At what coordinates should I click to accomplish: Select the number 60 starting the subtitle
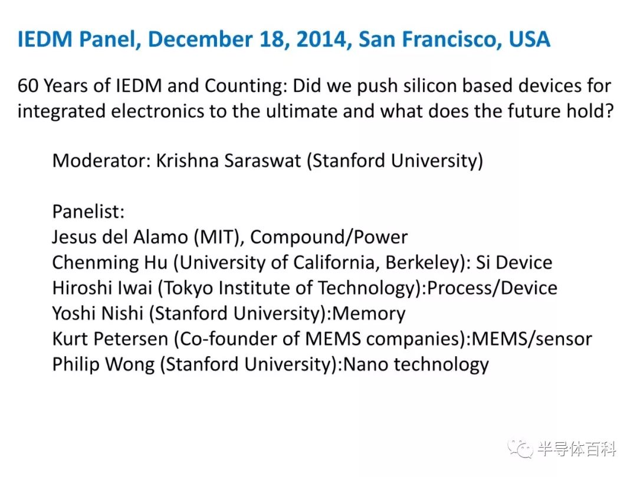[x=28, y=86]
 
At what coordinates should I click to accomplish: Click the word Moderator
[x=101, y=161]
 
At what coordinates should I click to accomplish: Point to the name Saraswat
[x=263, y=161]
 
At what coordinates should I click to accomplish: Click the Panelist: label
[x=88, y=211]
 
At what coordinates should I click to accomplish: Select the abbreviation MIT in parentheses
[x=219, y=237]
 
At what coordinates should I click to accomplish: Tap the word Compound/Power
[x=329, y=237]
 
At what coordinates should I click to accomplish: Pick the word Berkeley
[x=422, y=263]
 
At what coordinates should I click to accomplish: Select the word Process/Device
[x=492, y=288]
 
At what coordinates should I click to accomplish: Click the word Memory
[x=369, y=314]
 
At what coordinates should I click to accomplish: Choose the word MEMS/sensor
[x=531, y=339]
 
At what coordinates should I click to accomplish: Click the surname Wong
[x=130, y=365]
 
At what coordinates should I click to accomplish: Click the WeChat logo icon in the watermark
[x=520, y=449]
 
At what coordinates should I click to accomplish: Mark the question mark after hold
[x=609, y=111]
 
